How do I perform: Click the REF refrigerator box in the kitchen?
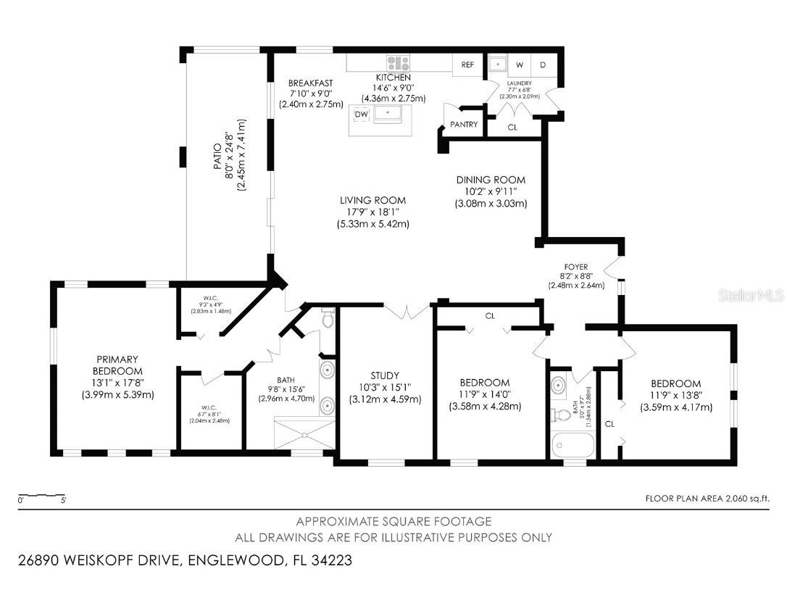pos(467,65)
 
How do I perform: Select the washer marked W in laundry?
pos(520,65)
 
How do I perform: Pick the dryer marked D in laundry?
pos(543,65)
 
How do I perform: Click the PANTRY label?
pos(464,125)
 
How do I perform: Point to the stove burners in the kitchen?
pos(398,63)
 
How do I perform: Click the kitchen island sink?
pos(391,114)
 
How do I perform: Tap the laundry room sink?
pos(497,64)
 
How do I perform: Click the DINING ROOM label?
pos(491,180)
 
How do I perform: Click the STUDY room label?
pos(385,375)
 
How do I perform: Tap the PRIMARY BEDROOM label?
pos(117,365)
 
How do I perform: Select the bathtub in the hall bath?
pos(572,444)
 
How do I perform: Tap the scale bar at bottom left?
pos(43,497)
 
